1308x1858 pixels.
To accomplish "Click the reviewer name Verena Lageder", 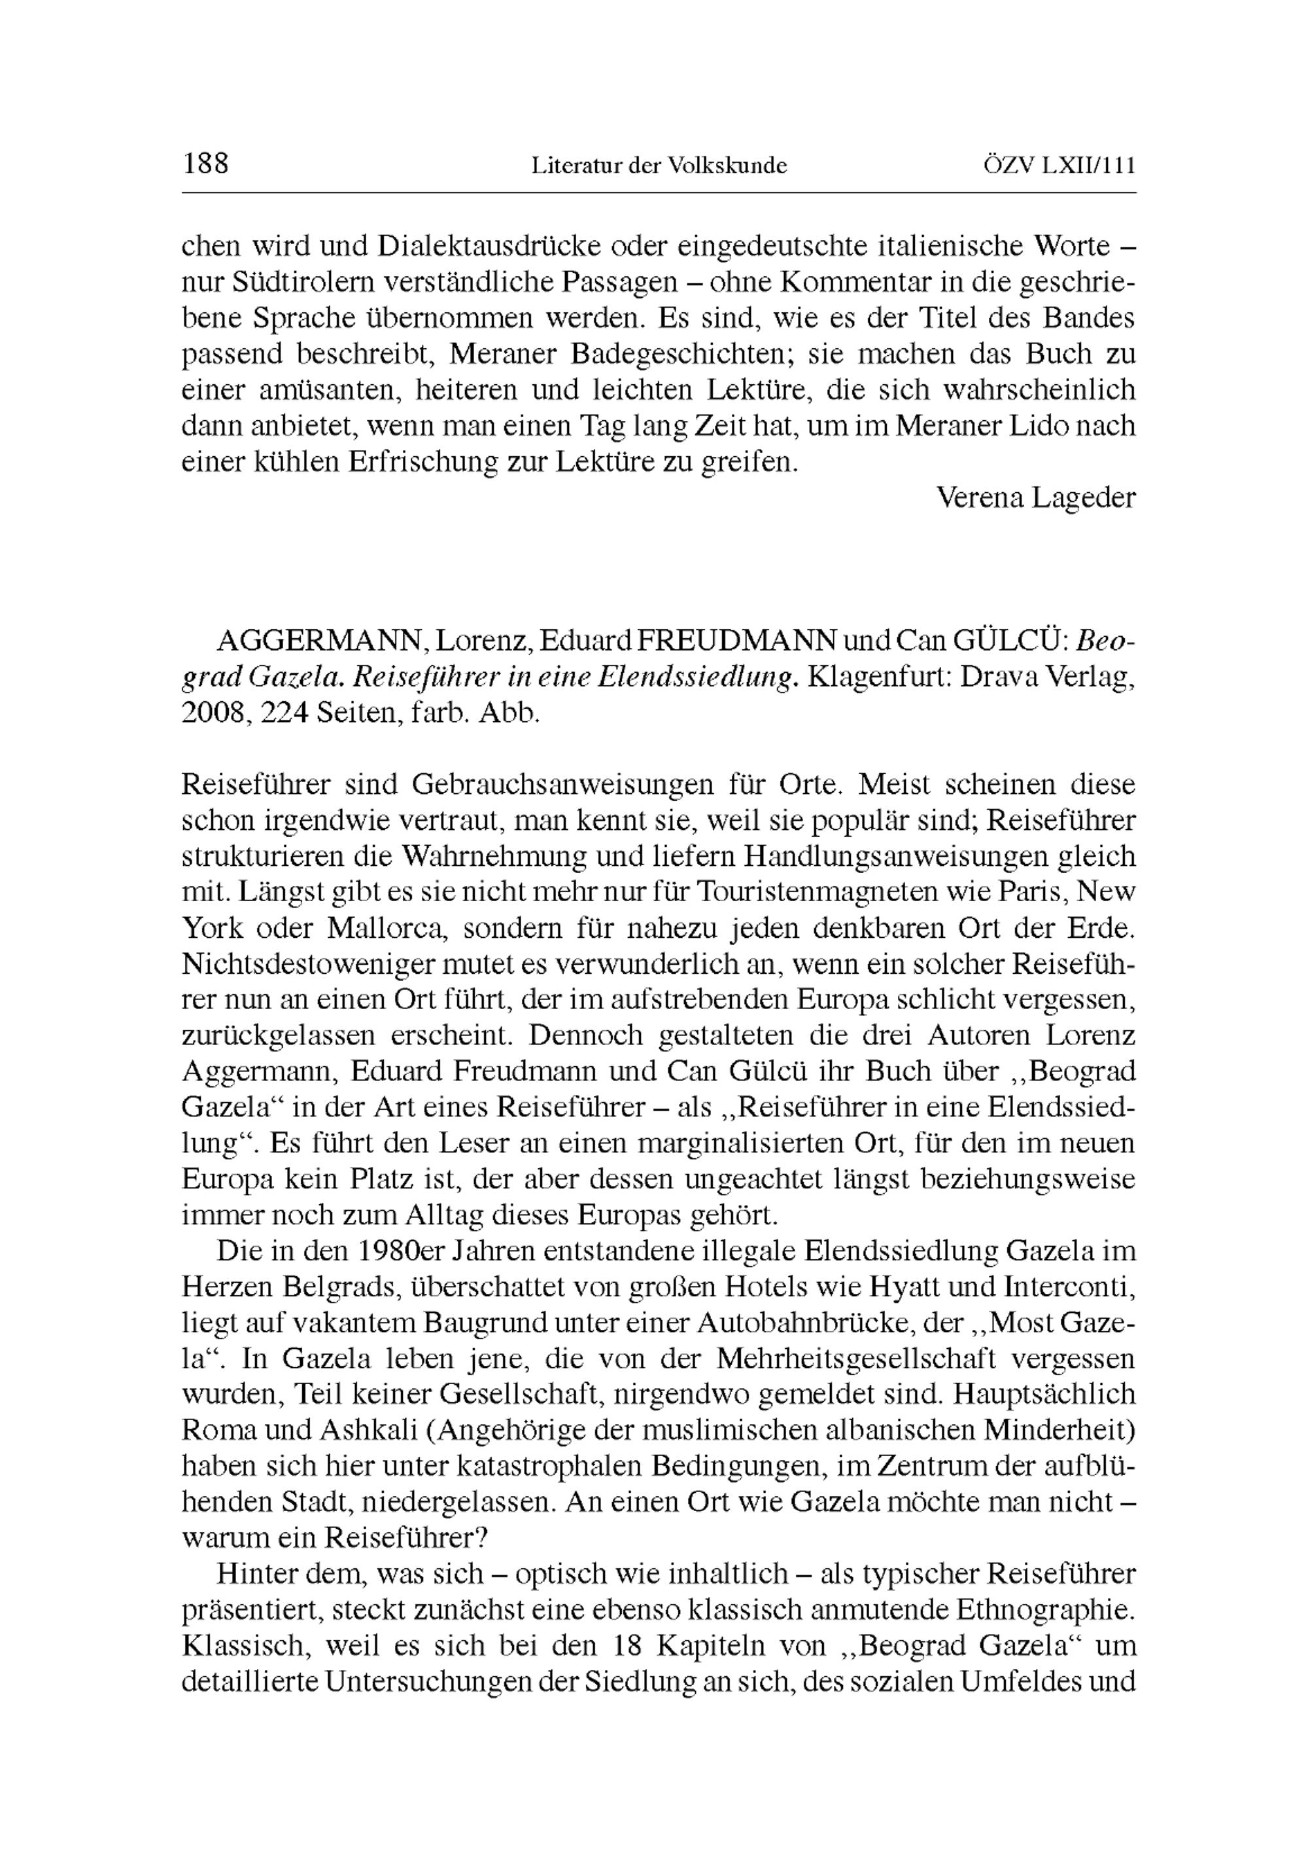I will [1036, 497].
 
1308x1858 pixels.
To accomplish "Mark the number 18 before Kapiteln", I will [645, 1646].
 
